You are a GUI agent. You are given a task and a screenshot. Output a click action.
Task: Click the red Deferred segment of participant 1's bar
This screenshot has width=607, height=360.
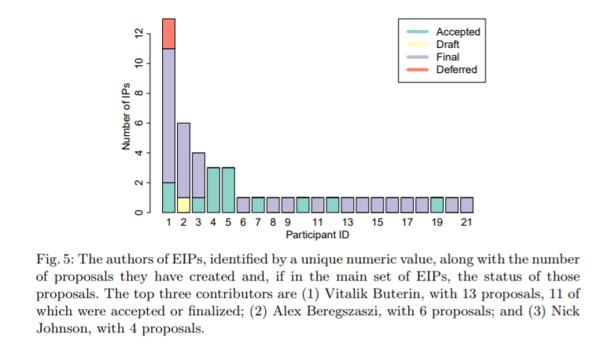click(169, 33)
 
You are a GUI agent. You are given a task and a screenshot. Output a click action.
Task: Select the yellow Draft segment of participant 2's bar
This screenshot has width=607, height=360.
click(184, 204)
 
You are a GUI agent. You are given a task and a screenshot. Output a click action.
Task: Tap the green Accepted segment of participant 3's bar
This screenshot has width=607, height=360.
click(199, 204)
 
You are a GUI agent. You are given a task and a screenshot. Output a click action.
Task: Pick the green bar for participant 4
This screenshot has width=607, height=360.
click(213, 189)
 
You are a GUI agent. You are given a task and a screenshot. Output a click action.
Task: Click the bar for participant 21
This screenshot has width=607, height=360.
click(466, 204)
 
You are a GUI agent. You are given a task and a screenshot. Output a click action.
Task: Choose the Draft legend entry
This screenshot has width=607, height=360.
click(447, 44)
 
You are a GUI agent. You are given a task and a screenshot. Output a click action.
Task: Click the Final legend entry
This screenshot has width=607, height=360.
click(447, 57)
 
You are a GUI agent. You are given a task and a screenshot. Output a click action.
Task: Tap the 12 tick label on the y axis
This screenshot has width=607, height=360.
click(139, 33)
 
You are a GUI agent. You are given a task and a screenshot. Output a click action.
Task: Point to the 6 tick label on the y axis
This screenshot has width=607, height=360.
click(139, 123)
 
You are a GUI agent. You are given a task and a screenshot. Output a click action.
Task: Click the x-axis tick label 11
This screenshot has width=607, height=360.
click(318, 223)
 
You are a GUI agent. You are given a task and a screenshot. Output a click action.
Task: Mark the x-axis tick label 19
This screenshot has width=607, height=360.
click(436, 223)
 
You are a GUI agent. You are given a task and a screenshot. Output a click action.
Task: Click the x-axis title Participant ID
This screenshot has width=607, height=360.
click(317, 235)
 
